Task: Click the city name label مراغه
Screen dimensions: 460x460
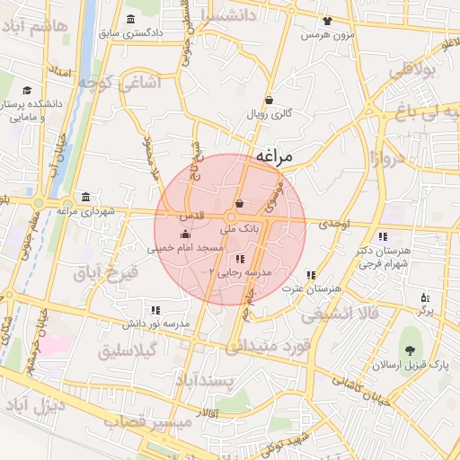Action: (x=274, y=156)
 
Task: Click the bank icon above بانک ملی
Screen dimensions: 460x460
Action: (x=239, y=204)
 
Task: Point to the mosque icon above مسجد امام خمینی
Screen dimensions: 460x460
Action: (x=185, y=234)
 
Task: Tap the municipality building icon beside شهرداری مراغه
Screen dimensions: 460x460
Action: (x=85, y=198)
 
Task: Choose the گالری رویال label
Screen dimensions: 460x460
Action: (x=270, y=115)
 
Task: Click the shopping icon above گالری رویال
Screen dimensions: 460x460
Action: (x=270, y=101)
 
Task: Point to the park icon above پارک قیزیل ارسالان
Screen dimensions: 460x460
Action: (x=411, y=351)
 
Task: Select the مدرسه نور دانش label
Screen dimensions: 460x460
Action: (x=155, y=323)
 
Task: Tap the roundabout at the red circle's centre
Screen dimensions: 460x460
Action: (x=231, y=218)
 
